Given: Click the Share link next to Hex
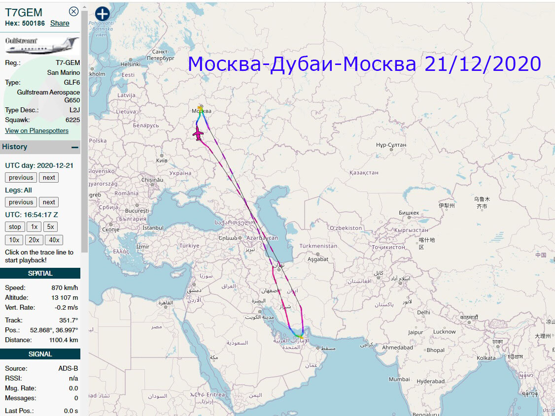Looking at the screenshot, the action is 60,23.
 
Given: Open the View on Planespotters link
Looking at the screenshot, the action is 36,130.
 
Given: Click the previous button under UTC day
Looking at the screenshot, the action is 21,178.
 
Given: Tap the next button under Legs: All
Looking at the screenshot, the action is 49,202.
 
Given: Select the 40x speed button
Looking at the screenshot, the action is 54,240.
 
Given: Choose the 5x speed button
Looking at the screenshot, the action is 50,227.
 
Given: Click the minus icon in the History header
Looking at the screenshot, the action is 75,147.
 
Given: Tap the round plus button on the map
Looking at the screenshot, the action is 102,14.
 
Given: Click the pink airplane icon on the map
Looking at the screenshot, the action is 198,133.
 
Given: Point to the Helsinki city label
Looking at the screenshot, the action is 131,64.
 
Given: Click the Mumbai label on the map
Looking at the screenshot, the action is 399,379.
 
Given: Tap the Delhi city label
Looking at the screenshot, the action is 423,312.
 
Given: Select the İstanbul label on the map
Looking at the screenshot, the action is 152,228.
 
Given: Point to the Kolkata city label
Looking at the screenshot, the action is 486,358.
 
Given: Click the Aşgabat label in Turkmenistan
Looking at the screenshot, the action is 317,259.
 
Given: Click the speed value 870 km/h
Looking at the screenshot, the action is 65,288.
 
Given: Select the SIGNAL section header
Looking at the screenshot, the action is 40,354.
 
